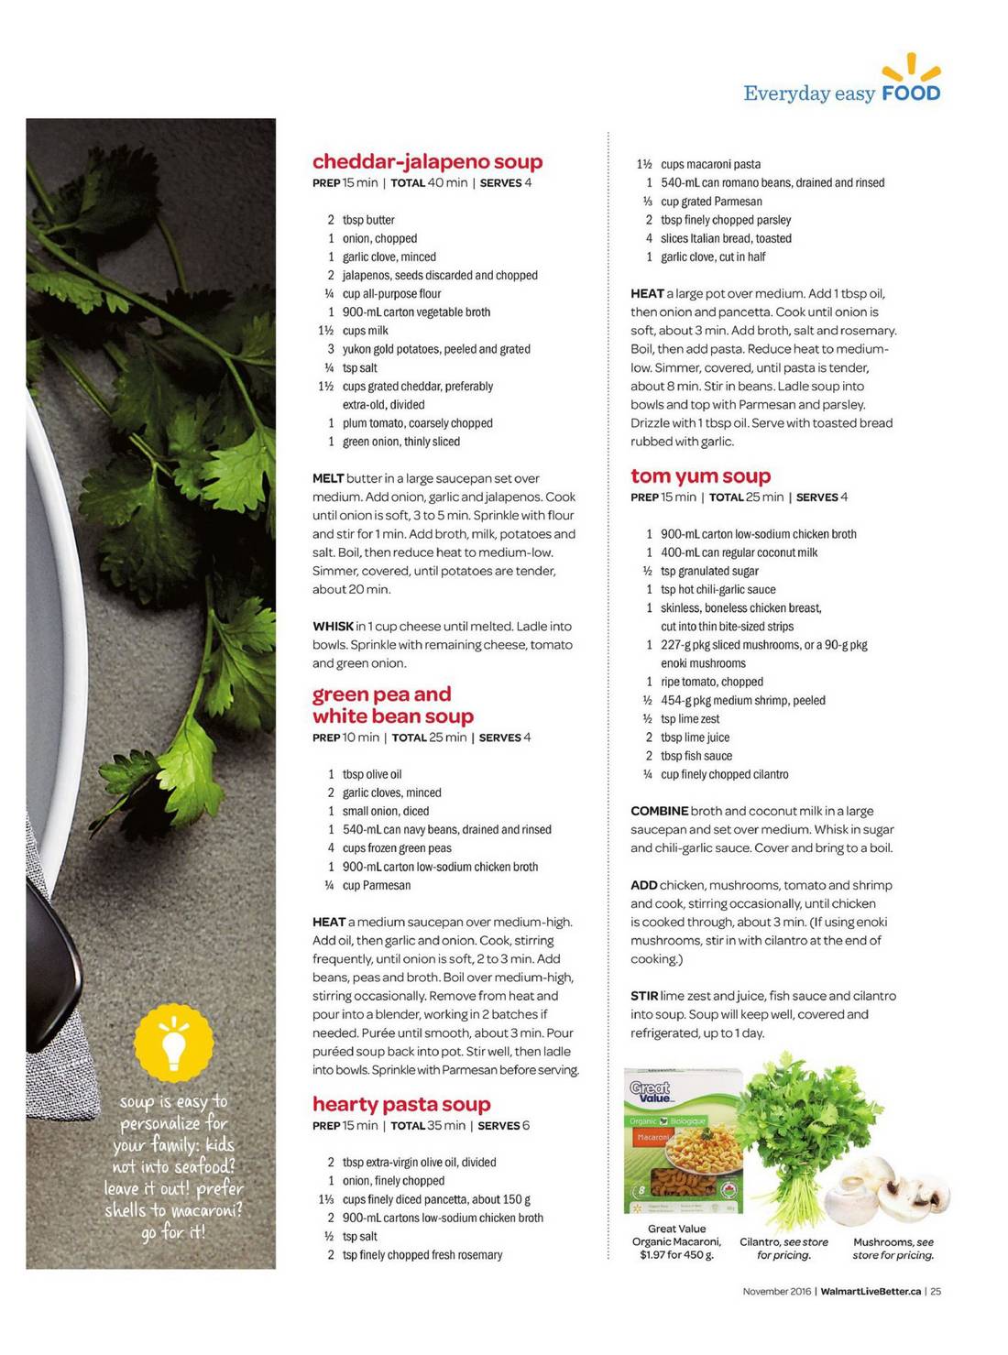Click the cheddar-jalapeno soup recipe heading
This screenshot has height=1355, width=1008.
point(427,162)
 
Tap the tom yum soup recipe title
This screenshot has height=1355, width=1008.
point(700,476)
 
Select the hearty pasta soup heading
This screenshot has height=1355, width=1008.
point(401,1104)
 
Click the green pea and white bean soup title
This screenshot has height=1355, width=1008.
point(393,705)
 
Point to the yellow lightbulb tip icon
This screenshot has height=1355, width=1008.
point(173,1044)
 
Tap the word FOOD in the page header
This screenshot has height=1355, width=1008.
point(910,93)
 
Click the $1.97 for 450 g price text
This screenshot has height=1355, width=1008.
point(676,1255)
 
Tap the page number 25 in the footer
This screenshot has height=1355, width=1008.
point(935,1292)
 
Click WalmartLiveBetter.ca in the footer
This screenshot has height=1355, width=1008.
point(871,1292)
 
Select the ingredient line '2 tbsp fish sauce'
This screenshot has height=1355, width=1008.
point(689,757)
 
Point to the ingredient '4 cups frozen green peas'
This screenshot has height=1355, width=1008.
point(389,848)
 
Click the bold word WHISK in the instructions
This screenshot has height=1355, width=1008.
point(333,627)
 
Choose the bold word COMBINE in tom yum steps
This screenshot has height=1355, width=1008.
point(659,812)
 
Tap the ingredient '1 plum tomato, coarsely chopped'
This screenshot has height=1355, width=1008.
point(411,423)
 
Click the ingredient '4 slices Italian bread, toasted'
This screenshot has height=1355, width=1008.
point(718,238)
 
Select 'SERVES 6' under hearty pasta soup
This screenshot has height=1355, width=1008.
point(503,1126)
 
